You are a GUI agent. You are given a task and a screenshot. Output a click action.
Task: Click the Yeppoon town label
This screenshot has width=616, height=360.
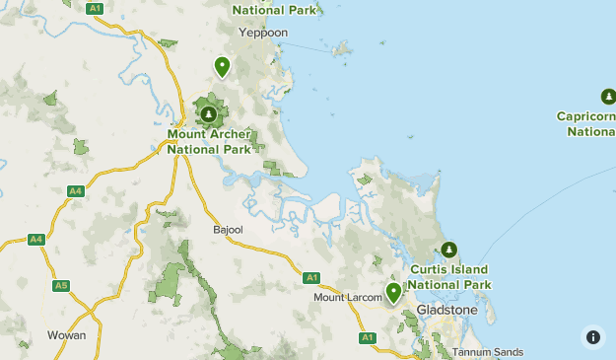[x=262, y=33]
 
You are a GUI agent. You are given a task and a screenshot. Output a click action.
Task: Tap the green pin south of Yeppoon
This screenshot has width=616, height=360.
[x=222, y=66]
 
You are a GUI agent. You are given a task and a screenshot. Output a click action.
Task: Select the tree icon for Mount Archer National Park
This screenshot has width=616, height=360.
[x=208, y=113]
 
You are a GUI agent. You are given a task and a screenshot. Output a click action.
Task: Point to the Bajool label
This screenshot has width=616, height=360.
[x=228, y=229]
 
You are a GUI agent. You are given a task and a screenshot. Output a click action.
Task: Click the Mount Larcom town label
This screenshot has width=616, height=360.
[x=346, y=297]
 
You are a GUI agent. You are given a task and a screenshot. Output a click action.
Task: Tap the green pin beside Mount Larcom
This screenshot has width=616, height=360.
[x=393, y=292]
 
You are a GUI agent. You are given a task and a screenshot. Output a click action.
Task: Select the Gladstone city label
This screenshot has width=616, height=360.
[x=448, y=310]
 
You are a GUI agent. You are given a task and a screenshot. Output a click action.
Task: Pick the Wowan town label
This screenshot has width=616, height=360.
[x=66, y=335]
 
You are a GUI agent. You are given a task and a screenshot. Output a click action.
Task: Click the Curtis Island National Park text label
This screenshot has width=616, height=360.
[x=449, y=277]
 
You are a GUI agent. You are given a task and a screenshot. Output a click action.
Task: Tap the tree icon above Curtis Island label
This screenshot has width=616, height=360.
[x=449, y=250]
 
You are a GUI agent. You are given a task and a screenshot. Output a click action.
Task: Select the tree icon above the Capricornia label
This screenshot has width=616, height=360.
[x=607, y=97]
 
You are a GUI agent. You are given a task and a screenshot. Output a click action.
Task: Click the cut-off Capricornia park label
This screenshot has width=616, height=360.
[x=586, y=123]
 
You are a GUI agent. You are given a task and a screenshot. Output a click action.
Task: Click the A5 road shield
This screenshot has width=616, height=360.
[x=61, y=286]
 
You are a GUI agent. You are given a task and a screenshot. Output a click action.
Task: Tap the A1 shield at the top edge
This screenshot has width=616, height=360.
[x=95, y=8]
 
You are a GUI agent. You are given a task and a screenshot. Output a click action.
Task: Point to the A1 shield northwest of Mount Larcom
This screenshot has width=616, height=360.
[x=311, y=277]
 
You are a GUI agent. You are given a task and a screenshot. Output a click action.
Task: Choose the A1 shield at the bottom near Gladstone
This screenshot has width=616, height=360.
[x=368, y=337]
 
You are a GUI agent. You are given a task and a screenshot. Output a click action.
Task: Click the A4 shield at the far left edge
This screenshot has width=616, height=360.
[x=36, y=239]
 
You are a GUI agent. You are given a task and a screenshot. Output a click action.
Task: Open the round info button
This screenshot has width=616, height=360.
[x=592, y=336]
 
